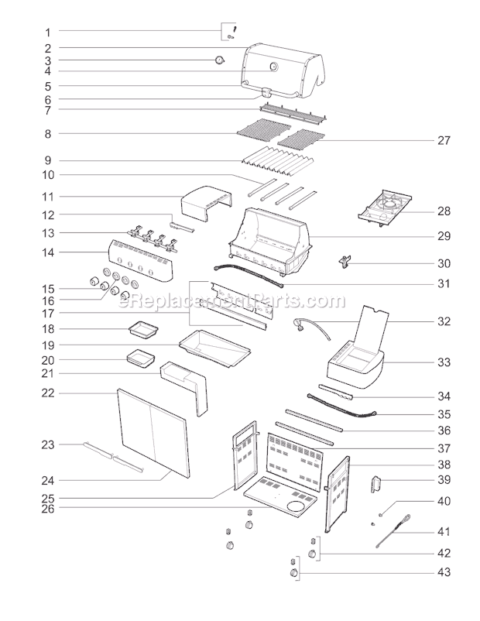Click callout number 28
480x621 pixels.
(444, 211)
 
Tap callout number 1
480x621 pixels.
(47, 33)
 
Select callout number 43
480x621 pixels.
(444, 573)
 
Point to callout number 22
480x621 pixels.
(47, 393)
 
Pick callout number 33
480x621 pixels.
(444, 362)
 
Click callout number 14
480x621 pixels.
(47, 252)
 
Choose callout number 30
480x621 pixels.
(444, 263)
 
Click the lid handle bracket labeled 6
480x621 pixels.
(267, 94)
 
